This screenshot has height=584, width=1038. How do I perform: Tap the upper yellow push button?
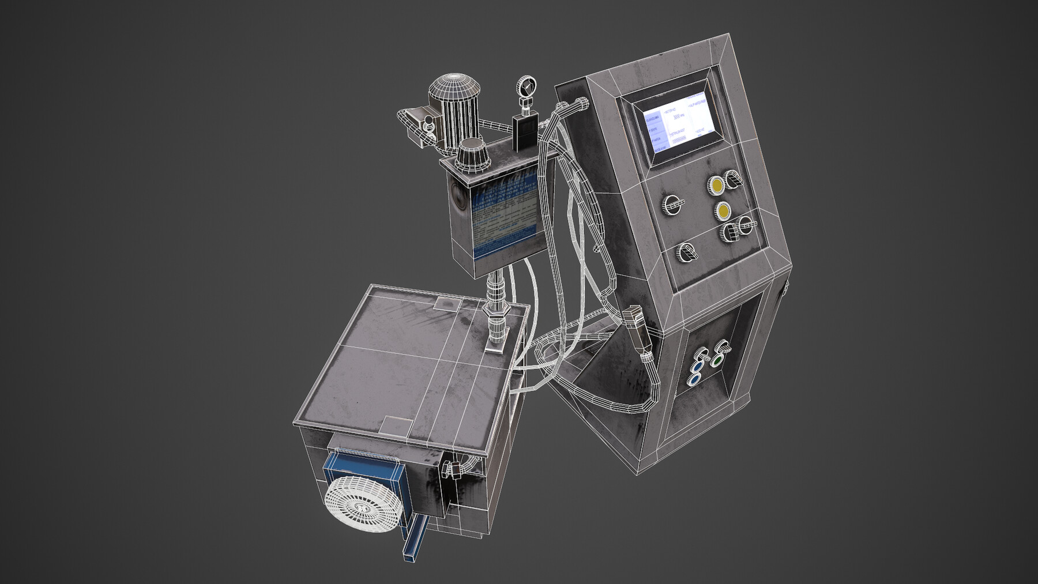[717, 185]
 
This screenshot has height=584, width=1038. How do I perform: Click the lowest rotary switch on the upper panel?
[687, 252]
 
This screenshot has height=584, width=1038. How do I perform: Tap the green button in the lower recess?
[717, 360]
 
